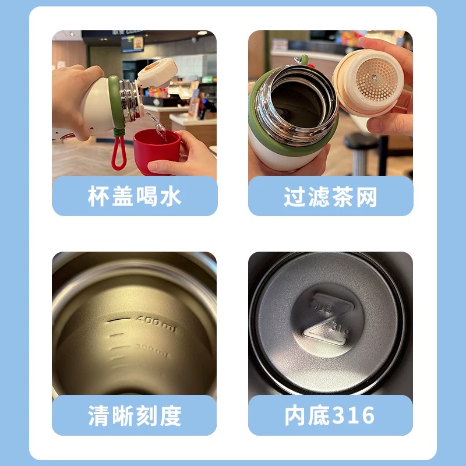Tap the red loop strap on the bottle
(118, 153)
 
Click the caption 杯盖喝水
(135, 197)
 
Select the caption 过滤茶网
(330, 197)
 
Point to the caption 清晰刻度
(135, 416)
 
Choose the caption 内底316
(330, 416)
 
